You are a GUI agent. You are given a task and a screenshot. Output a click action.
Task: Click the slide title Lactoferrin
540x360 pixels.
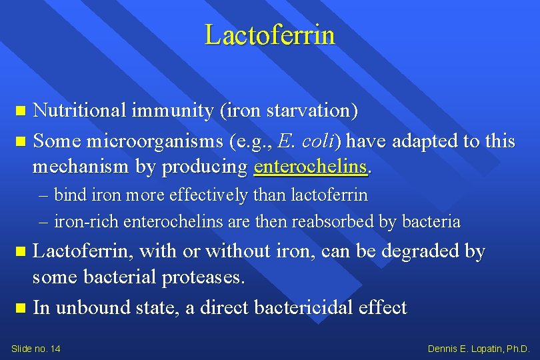click(x=269, y=35)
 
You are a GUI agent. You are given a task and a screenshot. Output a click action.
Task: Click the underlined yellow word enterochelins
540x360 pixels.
click(x=311, y=167)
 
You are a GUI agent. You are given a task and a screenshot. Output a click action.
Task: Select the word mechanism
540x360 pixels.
click(x=81, y=167)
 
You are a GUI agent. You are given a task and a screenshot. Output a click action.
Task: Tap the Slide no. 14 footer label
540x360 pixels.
click(x=36, y=349)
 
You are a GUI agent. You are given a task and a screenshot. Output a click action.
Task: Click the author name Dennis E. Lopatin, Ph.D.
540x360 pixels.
click(x=479, y=349)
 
